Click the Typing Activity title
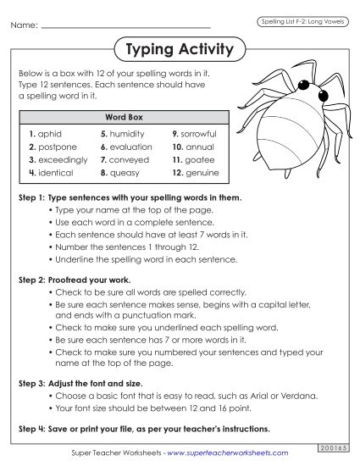tap(179, 50)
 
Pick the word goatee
tap(197, 159)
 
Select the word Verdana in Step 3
tap(274, 395)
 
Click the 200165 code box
tap(331, 447)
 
